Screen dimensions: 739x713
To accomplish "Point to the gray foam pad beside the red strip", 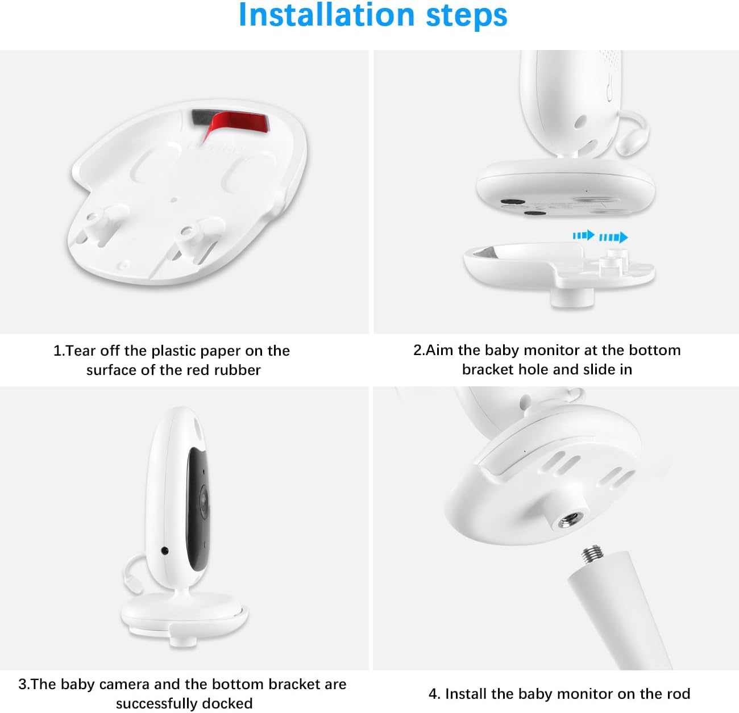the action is click(x=201, y=118).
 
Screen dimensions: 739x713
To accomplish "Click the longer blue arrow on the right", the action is click(x=613, y=237).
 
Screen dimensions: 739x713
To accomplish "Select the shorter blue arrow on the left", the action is click(x=584, y=236).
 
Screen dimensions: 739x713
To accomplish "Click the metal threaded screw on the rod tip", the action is click(x=592, y=556).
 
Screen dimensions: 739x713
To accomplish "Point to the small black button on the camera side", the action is click(x=165, y=550).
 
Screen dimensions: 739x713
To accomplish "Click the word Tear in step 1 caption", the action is click(x=81, y=351).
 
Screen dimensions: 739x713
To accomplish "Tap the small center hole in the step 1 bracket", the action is click(x=173, y=199).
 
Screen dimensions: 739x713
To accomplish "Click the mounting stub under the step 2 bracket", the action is click(x=572, y=298).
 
